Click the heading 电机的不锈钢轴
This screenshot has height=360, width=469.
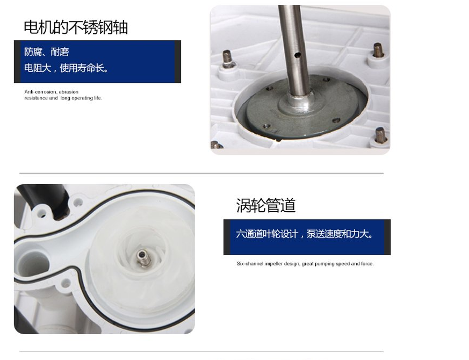pos(76,27)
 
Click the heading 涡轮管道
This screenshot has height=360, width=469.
pos(266,205)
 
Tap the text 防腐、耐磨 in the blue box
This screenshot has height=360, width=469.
pos(47,52)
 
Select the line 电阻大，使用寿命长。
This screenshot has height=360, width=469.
pos(66,68)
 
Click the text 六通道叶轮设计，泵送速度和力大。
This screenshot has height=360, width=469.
pos(305,234)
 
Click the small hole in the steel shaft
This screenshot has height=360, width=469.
pos(297,55)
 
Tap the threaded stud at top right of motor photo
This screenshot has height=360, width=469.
pos(378,51)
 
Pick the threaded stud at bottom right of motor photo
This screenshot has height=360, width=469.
pos(380,135)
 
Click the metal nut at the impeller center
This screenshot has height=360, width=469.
pos(143,258)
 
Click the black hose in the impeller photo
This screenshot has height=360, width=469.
pos(46,198)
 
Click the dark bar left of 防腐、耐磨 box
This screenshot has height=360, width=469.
pos(17,62)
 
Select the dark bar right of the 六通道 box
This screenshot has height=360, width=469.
pos(387,237)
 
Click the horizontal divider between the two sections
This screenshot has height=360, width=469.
pos(201,173)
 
